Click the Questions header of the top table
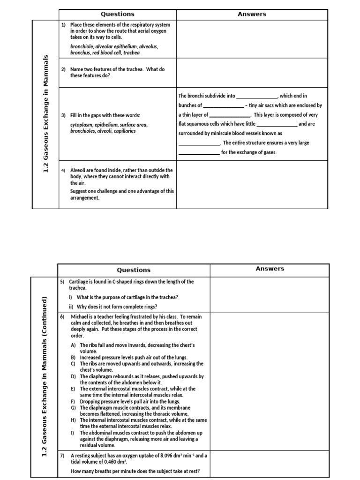coord(118,14)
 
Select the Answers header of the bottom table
coord(270,269)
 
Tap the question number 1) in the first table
coord(64,24)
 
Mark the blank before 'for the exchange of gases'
coord(199,153)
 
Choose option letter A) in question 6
coord(73,345)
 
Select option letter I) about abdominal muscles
coord(73,433)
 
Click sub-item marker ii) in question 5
coord(71,307)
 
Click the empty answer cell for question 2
coord(252,72)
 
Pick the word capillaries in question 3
coord(123,131)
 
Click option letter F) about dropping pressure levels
coord(73,402)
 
